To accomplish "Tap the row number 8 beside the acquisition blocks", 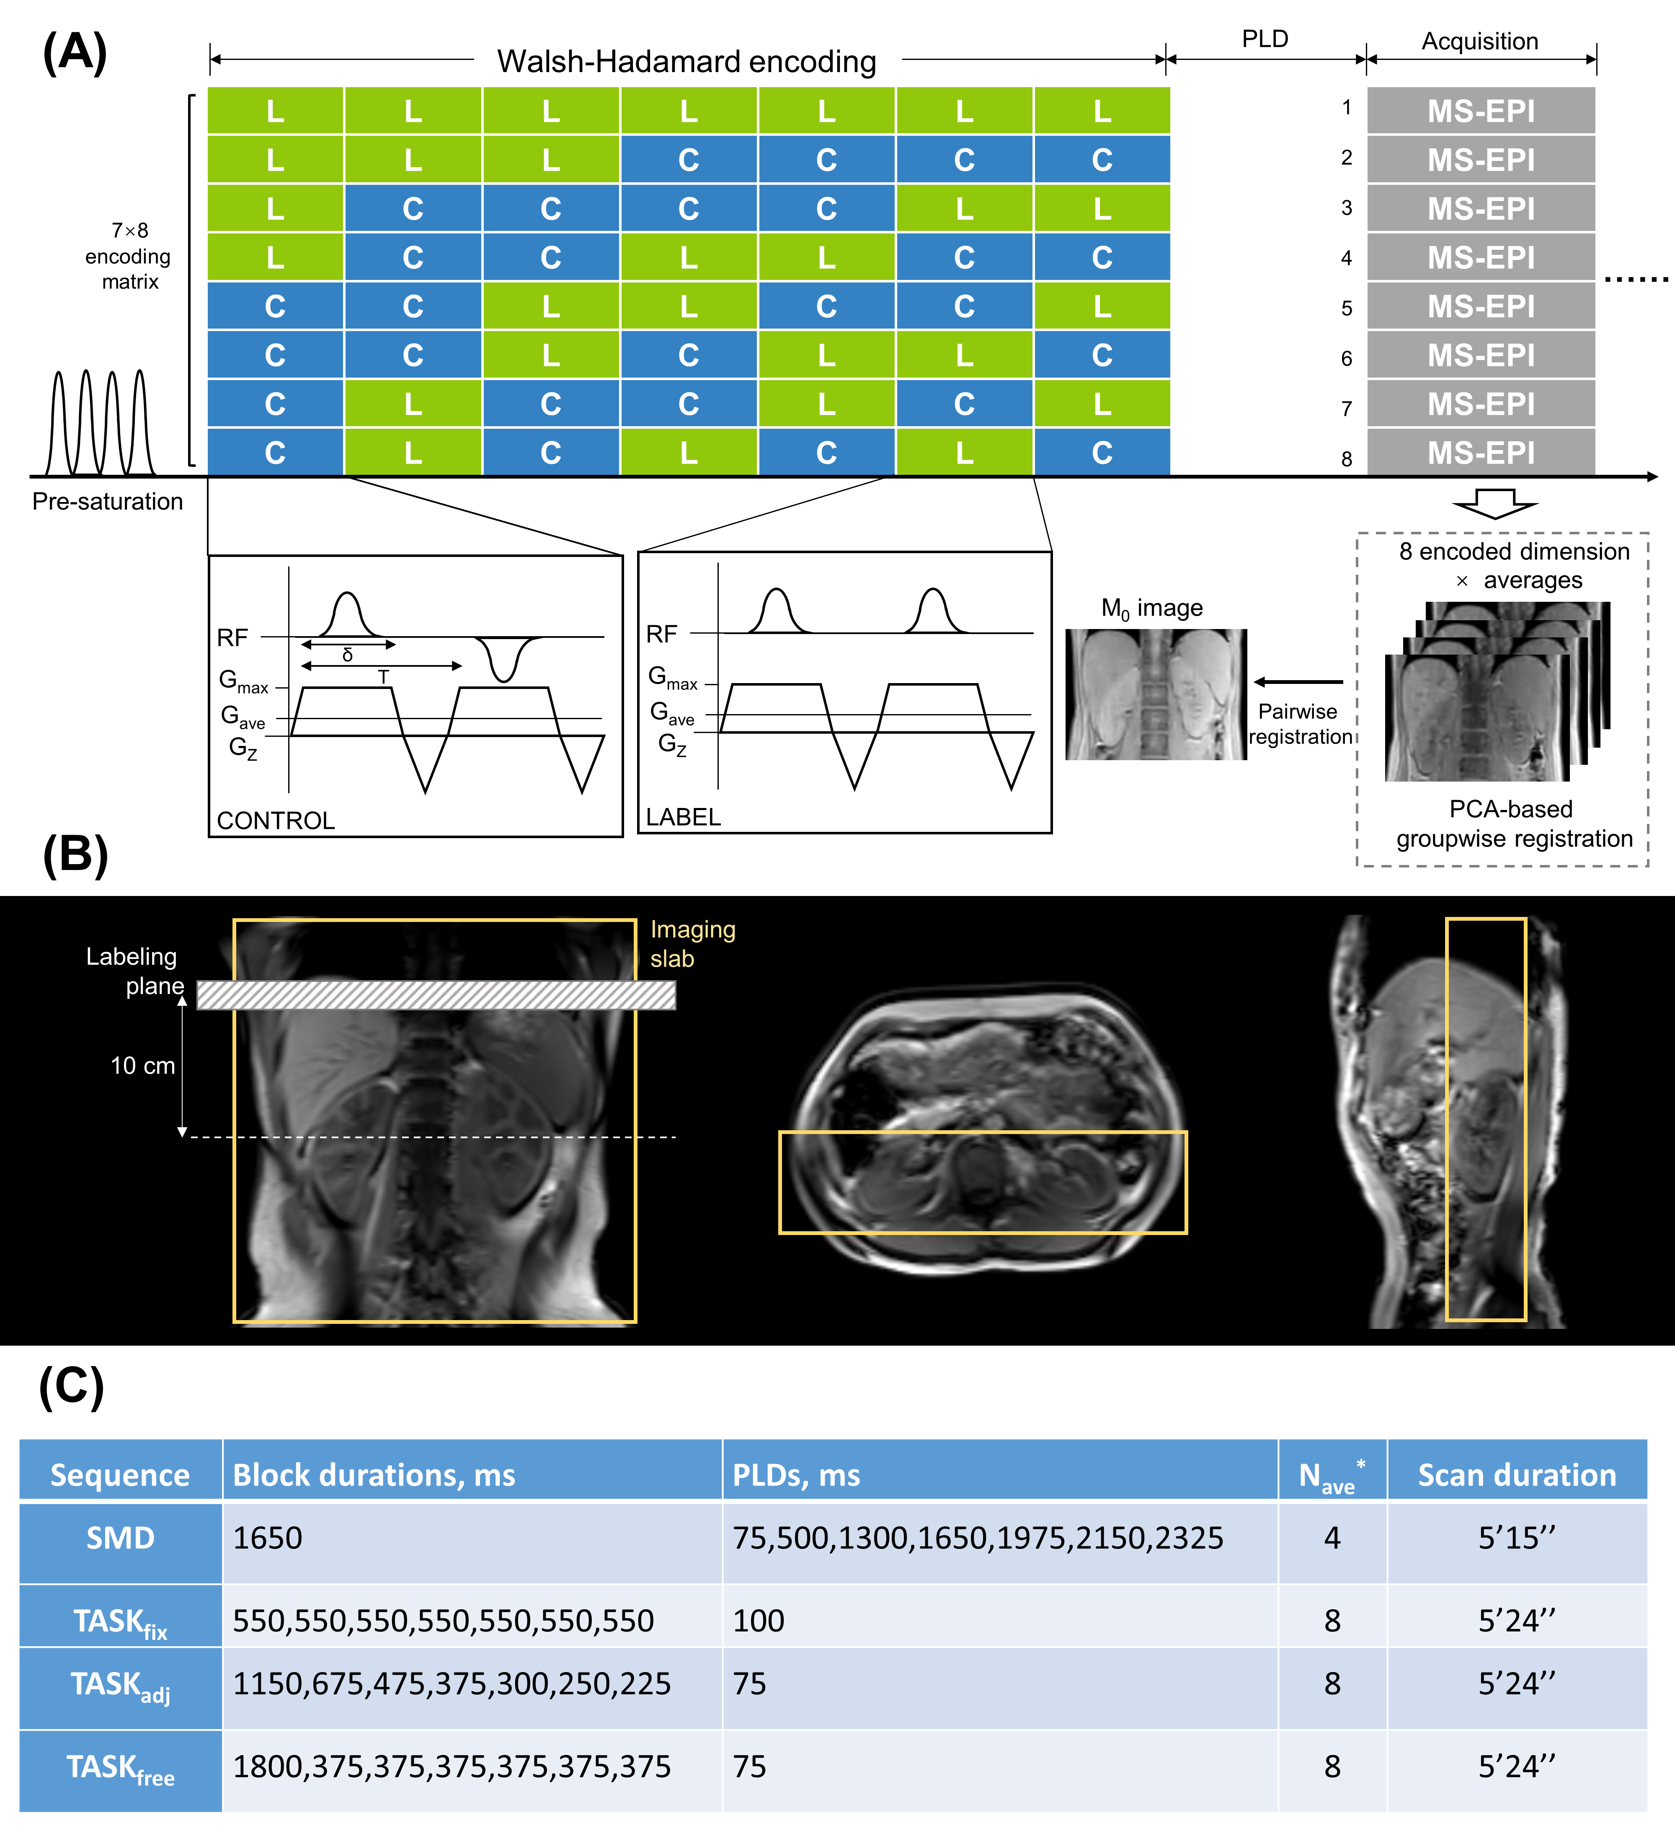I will point(1346,458).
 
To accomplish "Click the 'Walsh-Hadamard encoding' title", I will point(687,61).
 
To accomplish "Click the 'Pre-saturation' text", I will point(108,501).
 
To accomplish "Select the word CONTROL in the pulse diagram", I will point(276,820).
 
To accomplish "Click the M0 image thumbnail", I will point(1156,694).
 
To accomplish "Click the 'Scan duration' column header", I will point(1516,1475).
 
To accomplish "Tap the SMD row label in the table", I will point(121,1538).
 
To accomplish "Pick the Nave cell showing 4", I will point(1332,1538).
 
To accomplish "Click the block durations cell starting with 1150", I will point(452,1683).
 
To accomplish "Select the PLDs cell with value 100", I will point(759,1620).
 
